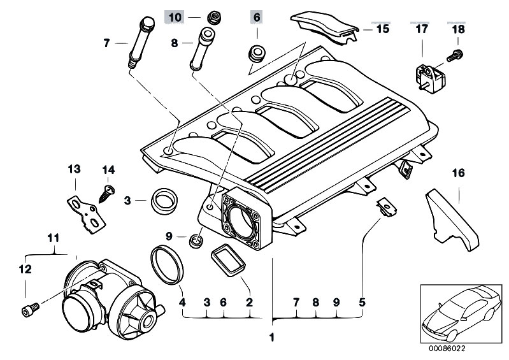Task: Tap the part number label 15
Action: pos(382,29)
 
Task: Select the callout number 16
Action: pos(459,173)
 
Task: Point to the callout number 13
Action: pos(75,169)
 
